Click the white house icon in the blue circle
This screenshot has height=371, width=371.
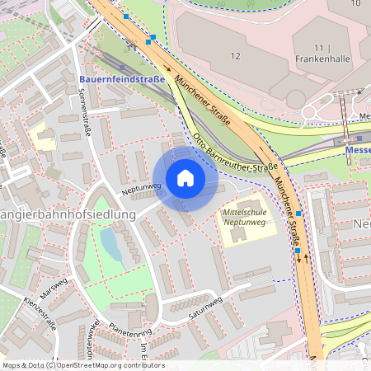(185, 179)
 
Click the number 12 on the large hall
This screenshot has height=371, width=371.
(235, 55)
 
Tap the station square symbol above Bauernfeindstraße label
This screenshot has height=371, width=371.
(122, 68)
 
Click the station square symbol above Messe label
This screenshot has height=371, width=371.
(359, 139)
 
